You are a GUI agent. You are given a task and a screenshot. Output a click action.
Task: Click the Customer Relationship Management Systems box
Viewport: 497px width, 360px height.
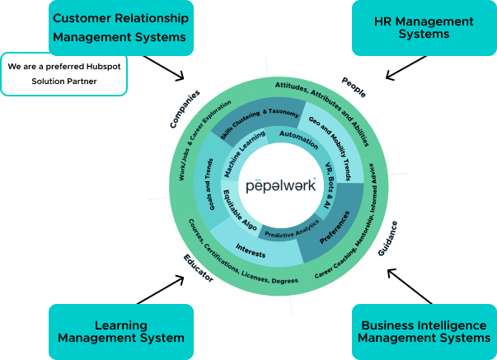121,26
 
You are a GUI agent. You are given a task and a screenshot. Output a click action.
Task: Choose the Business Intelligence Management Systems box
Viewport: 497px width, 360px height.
424,331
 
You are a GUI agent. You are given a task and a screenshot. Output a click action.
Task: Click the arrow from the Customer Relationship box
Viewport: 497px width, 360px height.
164,68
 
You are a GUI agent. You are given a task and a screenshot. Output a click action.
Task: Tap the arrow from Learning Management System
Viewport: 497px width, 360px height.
165,290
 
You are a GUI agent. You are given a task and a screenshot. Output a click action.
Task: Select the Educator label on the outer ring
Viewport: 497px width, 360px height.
198,268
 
